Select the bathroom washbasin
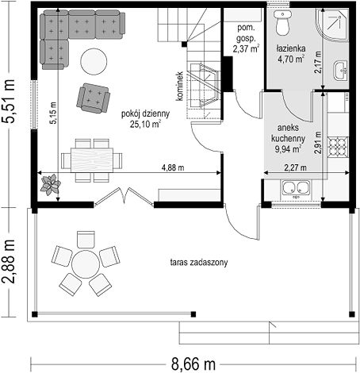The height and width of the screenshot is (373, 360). (x=341, y=71)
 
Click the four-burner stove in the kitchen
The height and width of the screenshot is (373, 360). (x=338, y=147)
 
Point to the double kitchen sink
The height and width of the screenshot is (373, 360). (x=296, y=188)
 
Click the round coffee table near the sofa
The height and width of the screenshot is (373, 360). (x=94, y=62)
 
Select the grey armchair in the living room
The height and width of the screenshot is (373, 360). (x=94, y=98)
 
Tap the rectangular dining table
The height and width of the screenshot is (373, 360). (x=92, y=160)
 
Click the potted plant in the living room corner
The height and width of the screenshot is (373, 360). (x=50, y=184)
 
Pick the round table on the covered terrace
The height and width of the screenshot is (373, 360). (x=86, y=264)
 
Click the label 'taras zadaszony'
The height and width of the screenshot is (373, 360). (x=199, y=263)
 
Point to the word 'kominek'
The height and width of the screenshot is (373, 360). (x=180, y=86)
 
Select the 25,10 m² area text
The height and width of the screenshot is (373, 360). (x=145, y=124)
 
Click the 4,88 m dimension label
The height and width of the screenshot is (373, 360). (x=173, y=167)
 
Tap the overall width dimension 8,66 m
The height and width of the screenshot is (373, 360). (x=193, y=364)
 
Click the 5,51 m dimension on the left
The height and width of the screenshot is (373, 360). (x=9, y=101)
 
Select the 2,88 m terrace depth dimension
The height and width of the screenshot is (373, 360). (x=9, y=261)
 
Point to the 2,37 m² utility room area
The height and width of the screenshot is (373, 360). (x=246, y=48)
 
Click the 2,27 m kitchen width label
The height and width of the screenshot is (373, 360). (x=295, y=167)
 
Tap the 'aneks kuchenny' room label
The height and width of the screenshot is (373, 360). (x=288, y=133)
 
